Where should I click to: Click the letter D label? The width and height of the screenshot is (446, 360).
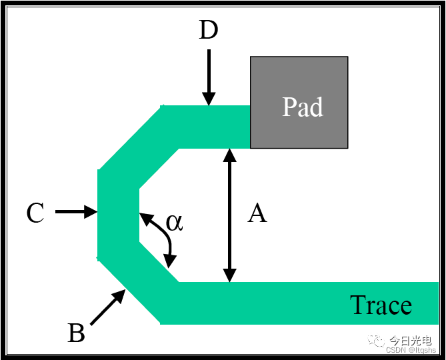click(209, 31)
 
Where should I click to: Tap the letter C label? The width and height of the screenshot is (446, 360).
click(35, 214)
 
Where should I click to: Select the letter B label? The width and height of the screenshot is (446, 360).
click(77, 333)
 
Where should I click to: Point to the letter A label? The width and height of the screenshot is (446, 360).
click(257, 214)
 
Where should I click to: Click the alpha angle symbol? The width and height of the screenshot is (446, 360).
click(174, 222)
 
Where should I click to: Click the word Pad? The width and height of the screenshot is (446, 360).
click(302, 107)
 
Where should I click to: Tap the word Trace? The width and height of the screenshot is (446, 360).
click(381, 305)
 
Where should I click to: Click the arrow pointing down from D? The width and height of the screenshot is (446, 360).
click(209, 77)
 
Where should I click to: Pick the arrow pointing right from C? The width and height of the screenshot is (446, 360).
click(76, 212)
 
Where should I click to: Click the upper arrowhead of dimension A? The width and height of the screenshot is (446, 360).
click(229, 155)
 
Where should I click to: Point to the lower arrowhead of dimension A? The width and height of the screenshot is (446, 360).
click(229, 275)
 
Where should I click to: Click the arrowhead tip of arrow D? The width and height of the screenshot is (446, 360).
click(209, 104)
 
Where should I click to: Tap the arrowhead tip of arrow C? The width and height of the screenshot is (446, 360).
click(97, 212)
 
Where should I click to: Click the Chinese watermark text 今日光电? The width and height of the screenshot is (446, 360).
click(410, 340)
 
